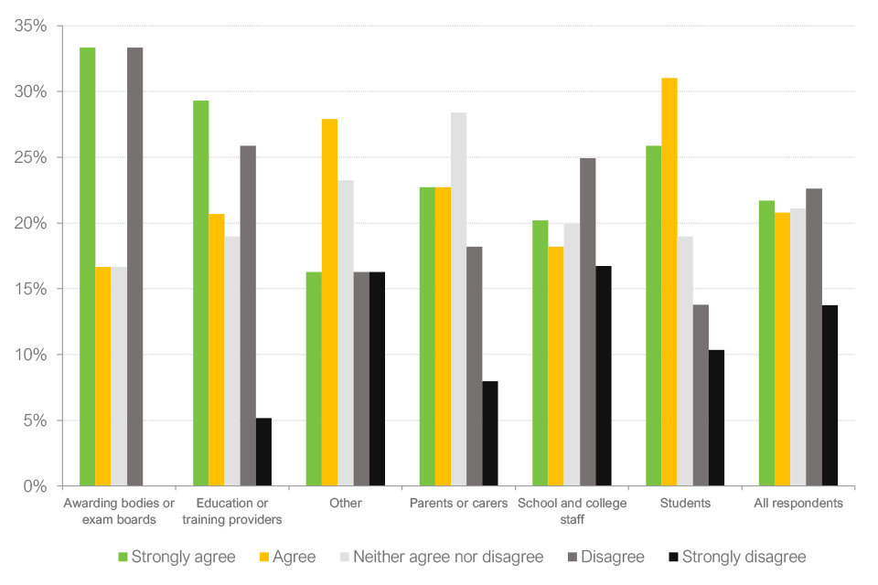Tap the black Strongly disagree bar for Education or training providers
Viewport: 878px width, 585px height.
(263, 452)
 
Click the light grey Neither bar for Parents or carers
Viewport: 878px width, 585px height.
(458, 299)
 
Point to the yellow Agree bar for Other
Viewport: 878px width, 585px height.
(329, 302)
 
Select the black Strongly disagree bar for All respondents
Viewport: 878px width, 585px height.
(830, 395)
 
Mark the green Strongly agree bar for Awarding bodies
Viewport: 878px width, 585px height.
(87, 266)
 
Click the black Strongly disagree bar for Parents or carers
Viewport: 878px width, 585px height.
(489, 433)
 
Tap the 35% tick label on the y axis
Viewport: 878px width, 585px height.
(31, 26)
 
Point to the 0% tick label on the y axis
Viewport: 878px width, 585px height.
(36, 486)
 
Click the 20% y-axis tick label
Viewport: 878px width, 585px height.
(31, 223)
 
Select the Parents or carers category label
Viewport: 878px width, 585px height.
(458, 504)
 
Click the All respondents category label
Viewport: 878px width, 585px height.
(798, 504)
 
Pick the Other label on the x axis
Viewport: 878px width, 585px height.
(346, 504)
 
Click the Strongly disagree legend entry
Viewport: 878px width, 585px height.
(744, 557)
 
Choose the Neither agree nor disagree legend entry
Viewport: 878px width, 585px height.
(448, 557)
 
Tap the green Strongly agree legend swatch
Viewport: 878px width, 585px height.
(123, 557)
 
